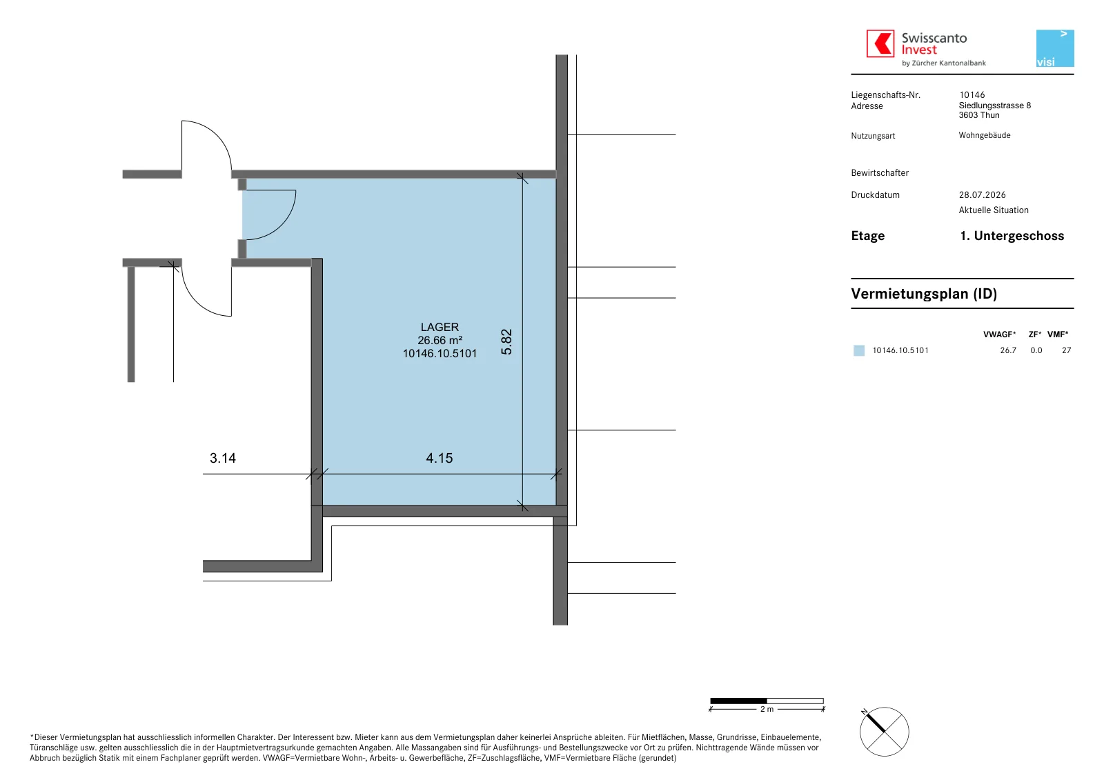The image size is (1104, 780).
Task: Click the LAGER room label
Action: [x=440, y=327]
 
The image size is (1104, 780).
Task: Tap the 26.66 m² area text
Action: [x=440, y=341]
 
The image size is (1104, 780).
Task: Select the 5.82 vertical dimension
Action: [x=506, y=342]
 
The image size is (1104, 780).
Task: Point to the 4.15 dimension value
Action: [x=439, y=458]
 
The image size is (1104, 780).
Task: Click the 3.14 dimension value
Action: [x=223, y=458]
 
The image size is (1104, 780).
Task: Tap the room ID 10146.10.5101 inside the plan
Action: [x=440, y=354]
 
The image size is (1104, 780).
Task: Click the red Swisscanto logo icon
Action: [x=880, y=43]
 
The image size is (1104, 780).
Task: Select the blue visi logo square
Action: [x=1055, y=48]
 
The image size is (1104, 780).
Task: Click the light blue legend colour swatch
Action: [x=858, y=350]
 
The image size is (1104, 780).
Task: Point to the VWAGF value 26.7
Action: [x=1008, y=350]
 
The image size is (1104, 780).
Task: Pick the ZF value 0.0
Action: [x=1036, y=350]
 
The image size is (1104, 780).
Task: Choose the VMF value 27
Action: [x=1067, y=350]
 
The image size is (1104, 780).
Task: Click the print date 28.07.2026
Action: [x=983, y=195]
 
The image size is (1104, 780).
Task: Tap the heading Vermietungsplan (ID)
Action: [x=924, y=294]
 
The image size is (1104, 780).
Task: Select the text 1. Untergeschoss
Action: [x=1012, y=236]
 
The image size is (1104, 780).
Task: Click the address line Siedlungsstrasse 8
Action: [x=994, y=106]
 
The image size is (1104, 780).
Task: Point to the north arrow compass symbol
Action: [x=884, y=732]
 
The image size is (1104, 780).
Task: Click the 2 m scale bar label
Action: [x=767, y=709]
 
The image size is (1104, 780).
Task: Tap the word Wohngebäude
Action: [x=984, y=135]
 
